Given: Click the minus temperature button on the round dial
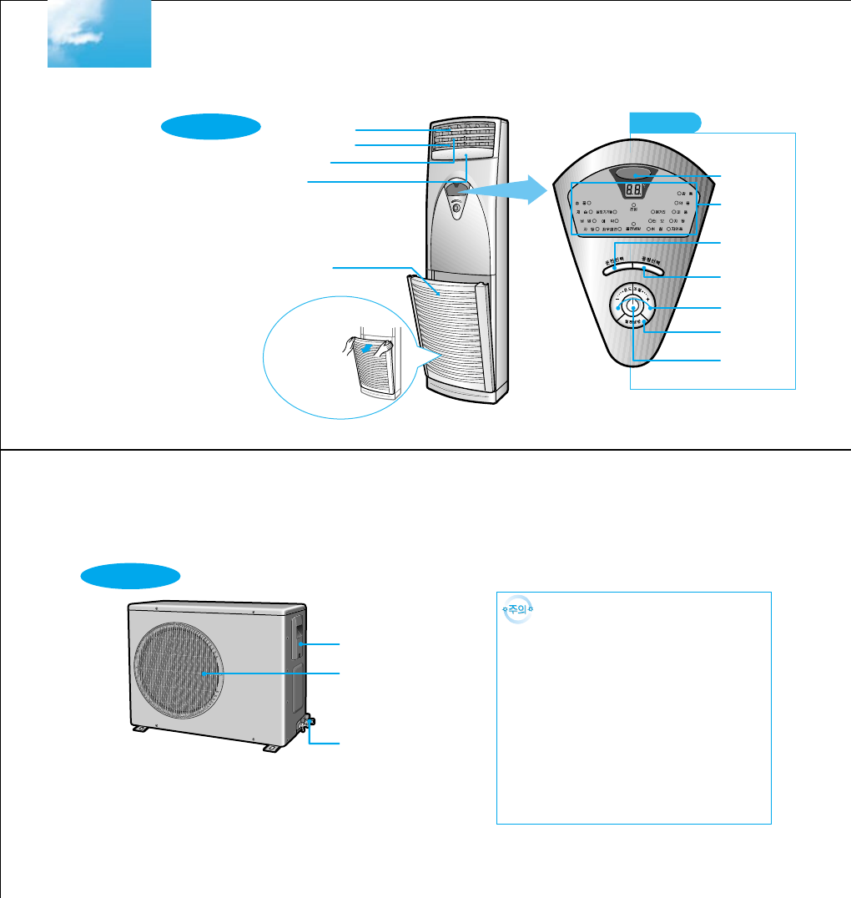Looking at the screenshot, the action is coord(617,308).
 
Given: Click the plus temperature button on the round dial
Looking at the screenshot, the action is coord(649,308).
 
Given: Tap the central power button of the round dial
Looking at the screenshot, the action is coord(633,307).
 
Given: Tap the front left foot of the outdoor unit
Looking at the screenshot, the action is coord(141,728).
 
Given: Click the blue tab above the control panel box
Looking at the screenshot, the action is coord(665,122).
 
